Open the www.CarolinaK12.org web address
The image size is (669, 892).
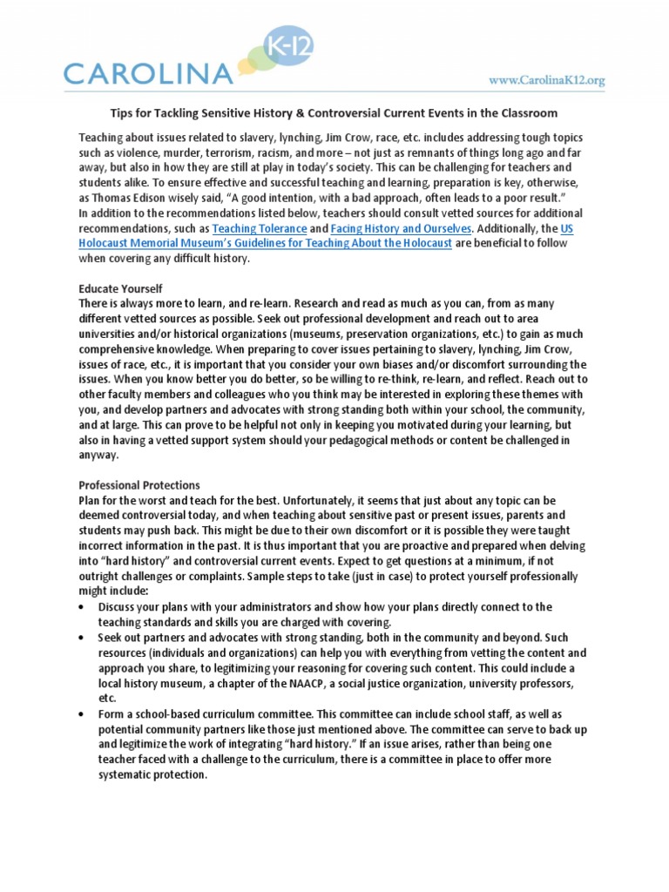[x=546, y=80]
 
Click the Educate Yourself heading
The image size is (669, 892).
[x=121, y=288]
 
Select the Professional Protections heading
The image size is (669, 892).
[x=139, y=485]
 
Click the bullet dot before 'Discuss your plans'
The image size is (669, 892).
[x=82, y=606]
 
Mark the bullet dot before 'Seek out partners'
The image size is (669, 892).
[x=82, y=638]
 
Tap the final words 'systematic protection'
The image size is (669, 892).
[x=152, y=775]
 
